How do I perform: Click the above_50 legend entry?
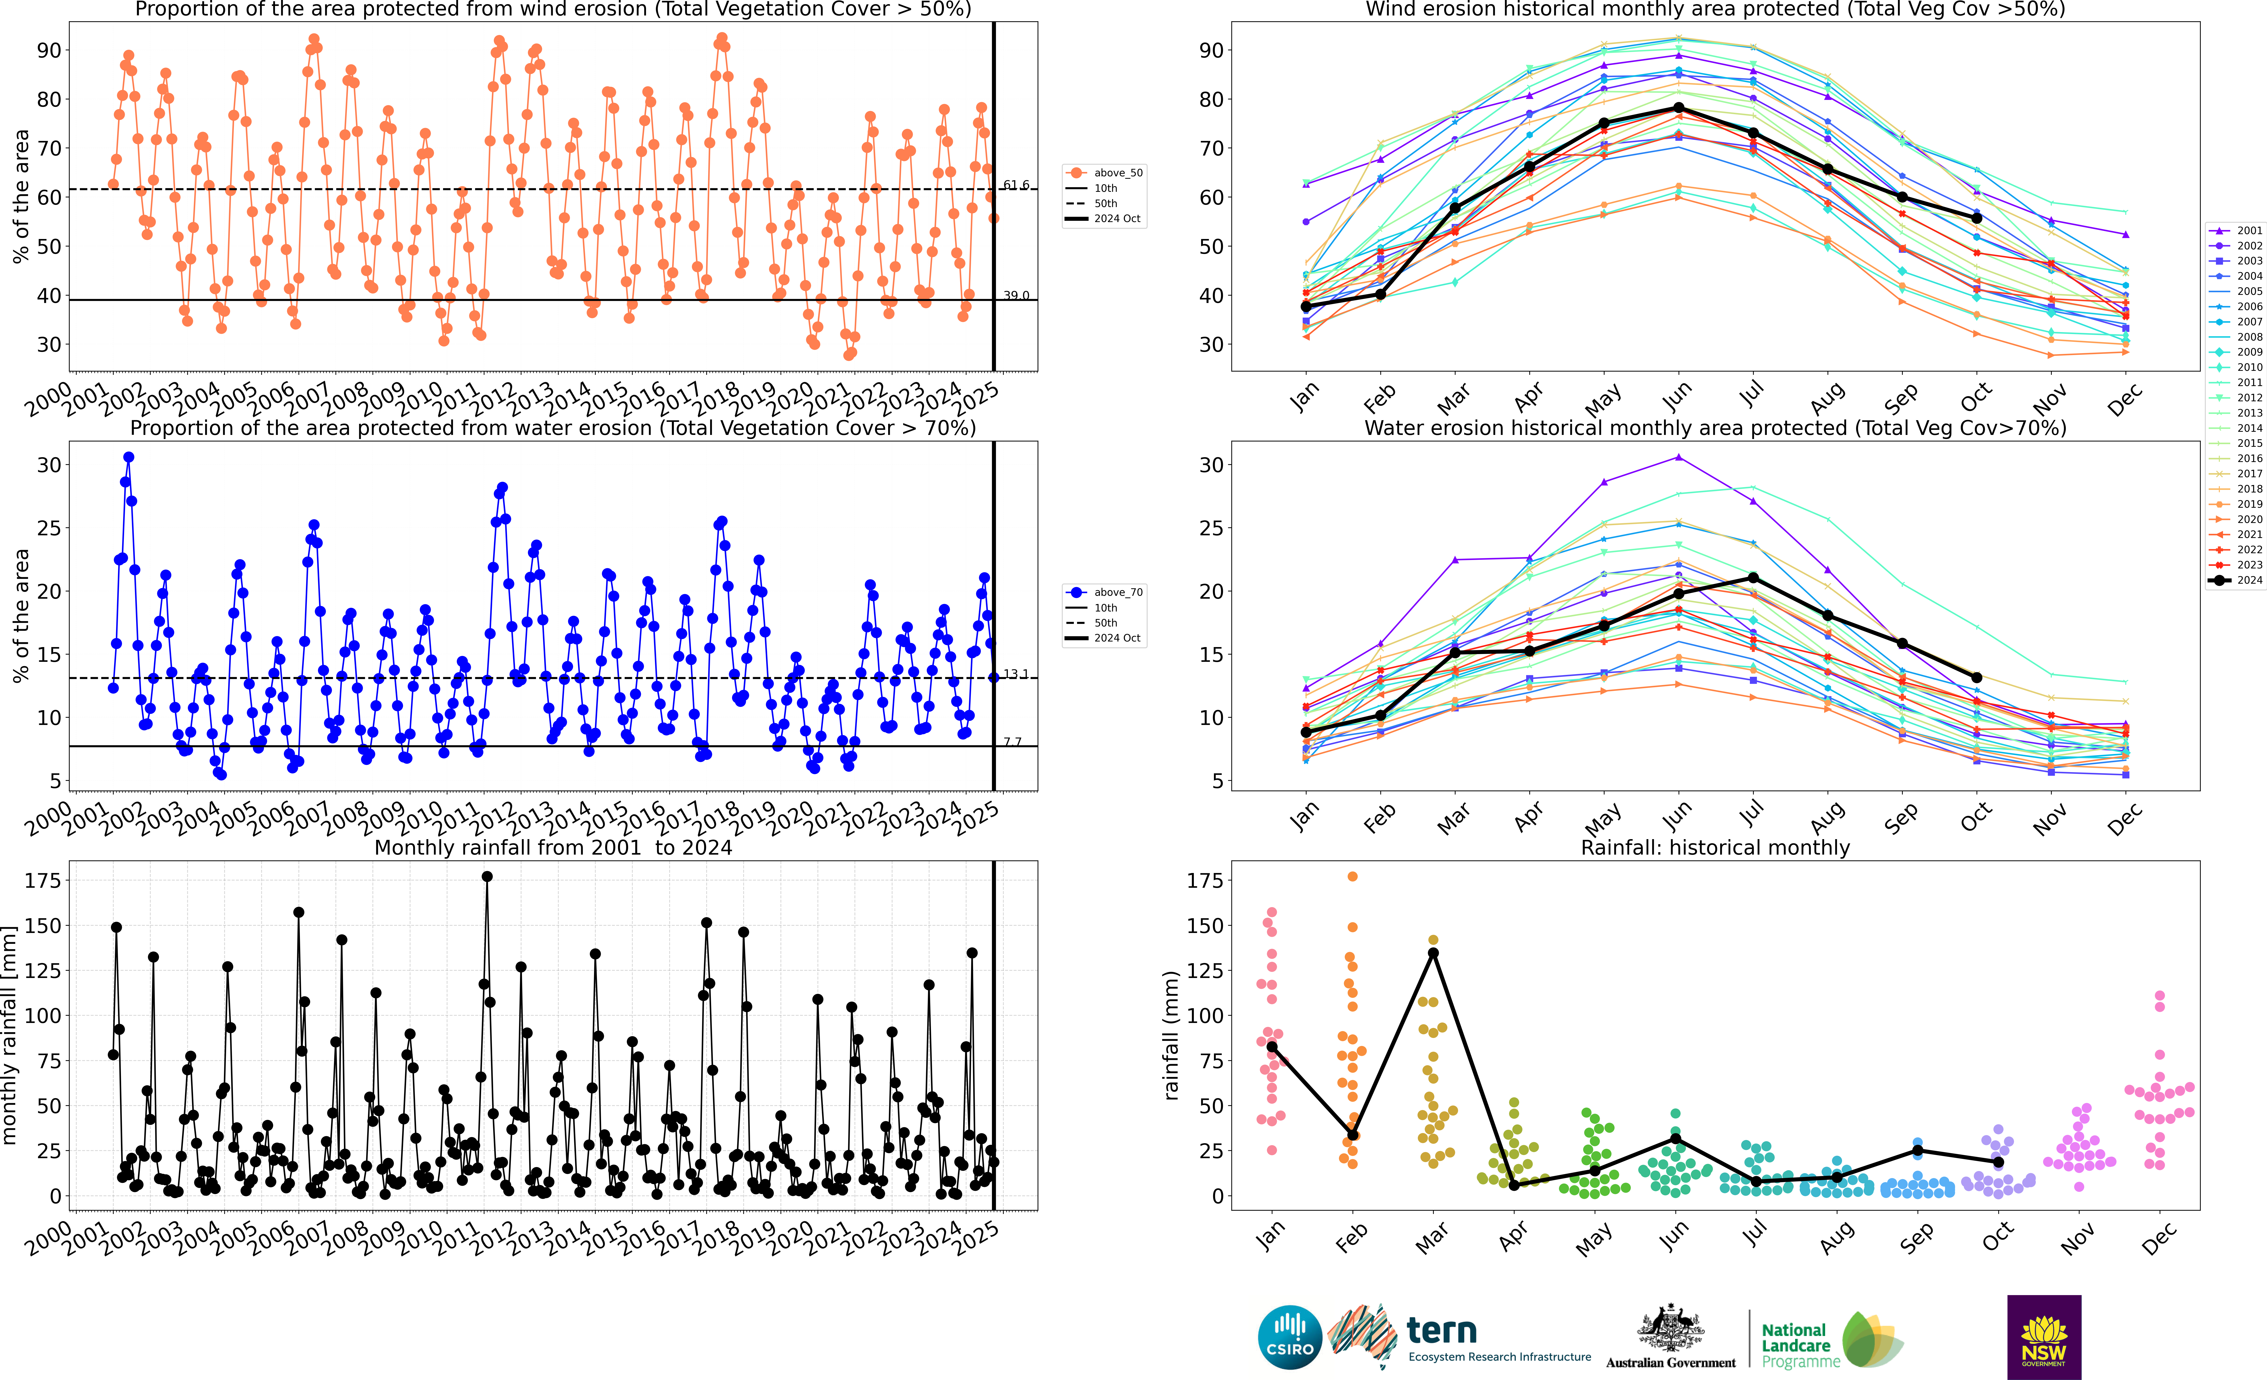1104,173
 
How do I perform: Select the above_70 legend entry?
1104,592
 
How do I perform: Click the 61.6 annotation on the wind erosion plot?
1016,185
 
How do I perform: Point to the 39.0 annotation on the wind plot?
1016,295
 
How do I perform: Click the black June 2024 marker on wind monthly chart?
1678,108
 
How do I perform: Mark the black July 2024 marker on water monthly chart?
1753,578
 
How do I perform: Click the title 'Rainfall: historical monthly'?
1715,847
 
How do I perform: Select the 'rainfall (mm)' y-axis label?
1170,1035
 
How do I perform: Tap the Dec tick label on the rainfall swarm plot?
2158,1238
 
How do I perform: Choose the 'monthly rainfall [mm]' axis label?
10,1035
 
